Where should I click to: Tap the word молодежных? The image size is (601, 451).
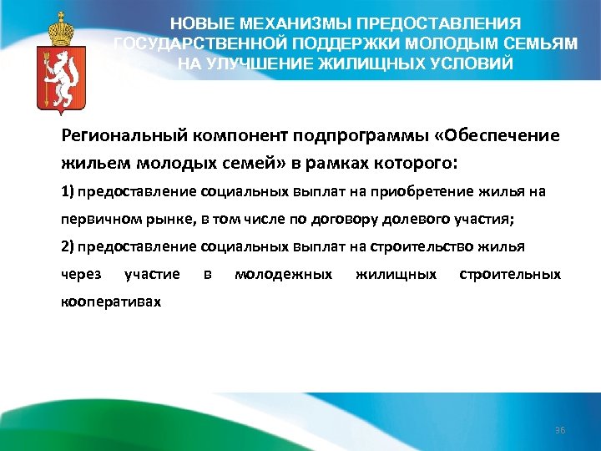pos(284,274)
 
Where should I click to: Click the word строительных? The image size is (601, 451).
pos(510,274)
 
